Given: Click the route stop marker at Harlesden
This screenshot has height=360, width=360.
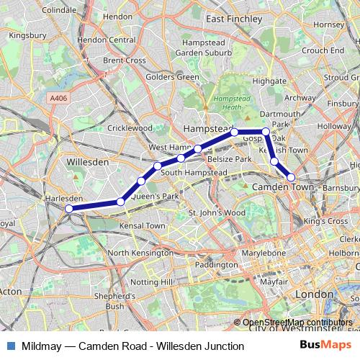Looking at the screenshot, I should click(x=69, y=209).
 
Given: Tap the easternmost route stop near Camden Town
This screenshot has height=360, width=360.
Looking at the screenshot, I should click(x=292, y=177).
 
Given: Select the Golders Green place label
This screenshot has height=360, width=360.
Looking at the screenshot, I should click(x=172, y=77).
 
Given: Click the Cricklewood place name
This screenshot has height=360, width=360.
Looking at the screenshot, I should click(x=130, y=128).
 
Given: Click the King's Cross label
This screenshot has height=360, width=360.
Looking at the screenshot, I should click(x=325, y=221).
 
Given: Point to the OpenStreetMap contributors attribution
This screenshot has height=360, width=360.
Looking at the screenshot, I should click(x=297, y=323).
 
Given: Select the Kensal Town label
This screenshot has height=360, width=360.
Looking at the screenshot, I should click(x=136, y=225).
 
